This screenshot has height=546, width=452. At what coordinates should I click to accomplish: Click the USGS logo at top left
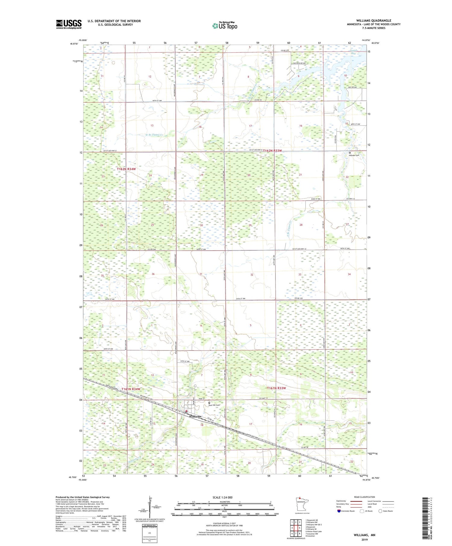[x=69, y=24]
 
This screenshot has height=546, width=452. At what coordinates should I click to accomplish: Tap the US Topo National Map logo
[x=224, y=26]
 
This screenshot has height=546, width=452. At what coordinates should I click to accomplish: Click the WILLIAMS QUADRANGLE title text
[x=373, y=20]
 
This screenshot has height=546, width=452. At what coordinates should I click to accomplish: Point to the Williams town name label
[x=195, y=416]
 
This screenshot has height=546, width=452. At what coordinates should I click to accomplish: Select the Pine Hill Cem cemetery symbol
[x=209, y=402]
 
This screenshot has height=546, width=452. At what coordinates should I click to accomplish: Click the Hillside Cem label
[x=354, y=155]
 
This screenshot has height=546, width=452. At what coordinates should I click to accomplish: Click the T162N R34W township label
[x=127, y=169]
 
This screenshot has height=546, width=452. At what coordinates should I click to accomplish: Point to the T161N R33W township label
[x=276, y=388]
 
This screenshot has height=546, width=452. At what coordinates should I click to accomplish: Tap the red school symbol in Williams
[x=187, y=411]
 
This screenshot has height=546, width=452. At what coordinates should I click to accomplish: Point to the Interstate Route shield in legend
[x=339, y=511]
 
